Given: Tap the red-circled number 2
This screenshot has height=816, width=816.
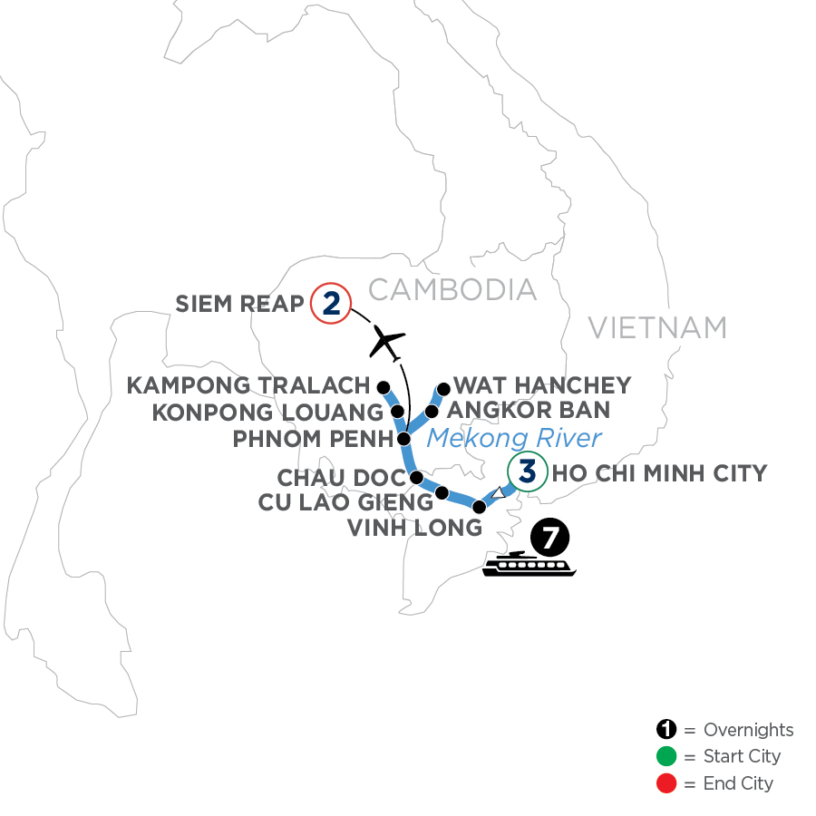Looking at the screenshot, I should pos(330,304).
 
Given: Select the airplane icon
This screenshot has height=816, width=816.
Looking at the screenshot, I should pos(386,342).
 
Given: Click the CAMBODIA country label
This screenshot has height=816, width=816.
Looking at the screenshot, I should pos(452,289).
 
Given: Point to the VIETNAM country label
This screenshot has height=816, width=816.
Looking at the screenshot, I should pos(657,326).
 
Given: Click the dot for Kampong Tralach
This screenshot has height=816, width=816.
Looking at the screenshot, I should pos(384,385).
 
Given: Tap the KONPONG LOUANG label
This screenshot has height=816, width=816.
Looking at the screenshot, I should pos(267,413).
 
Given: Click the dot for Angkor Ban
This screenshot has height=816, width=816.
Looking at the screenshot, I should pos(432,412).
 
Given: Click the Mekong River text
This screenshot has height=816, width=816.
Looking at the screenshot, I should pos(514,439).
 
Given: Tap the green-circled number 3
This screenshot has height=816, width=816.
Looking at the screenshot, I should pos(527,472).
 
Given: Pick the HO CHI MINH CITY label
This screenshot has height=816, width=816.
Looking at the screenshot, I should pos(659,472).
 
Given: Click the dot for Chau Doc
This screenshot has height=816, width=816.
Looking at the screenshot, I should pos(417,477).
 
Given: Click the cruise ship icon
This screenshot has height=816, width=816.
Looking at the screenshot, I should pos(529,564).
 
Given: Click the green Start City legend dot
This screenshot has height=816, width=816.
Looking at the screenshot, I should pos(667,756).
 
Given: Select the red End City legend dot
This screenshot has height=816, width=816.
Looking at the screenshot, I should pos(667,782).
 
